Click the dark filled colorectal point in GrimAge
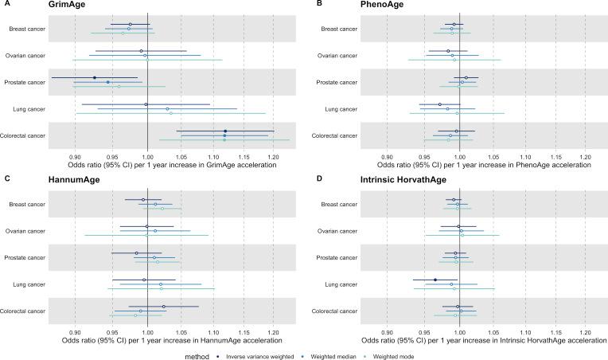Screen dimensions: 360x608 [225, 131]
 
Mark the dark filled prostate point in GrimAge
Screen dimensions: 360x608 [95, 78]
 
